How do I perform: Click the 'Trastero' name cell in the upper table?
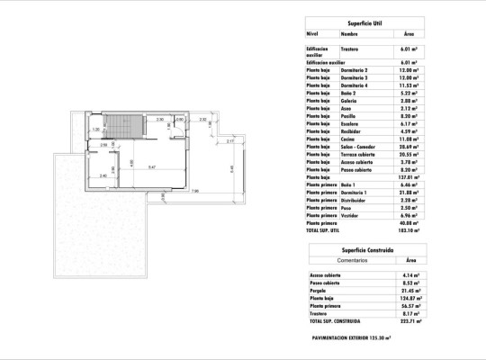350,49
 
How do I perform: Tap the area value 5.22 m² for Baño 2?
410,93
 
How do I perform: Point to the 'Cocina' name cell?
347,139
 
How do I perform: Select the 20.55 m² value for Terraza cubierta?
411,154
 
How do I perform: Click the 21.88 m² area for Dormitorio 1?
411,193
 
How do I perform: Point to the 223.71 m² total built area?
411,320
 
